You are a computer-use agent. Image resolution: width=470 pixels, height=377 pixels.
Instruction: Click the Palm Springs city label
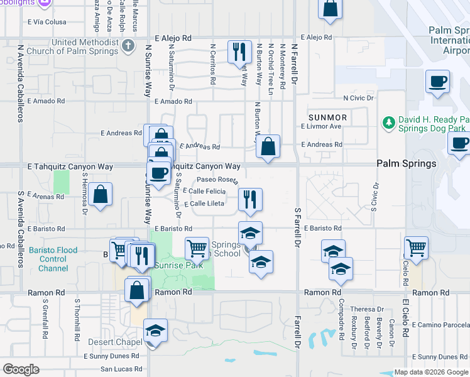pos(406,163)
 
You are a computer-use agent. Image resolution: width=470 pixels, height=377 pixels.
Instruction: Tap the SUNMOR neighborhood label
pos(327,117)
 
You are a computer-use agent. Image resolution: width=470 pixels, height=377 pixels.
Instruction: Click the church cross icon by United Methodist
pos(128,45)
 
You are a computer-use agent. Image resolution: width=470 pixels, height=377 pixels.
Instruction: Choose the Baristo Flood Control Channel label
pos(52,259)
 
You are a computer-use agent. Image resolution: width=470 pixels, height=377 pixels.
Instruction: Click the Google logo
pos(21,369)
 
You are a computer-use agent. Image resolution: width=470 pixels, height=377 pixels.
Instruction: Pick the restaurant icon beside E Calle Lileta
pos(250,199)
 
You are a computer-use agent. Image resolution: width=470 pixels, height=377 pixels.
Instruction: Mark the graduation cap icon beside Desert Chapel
pos(155,331)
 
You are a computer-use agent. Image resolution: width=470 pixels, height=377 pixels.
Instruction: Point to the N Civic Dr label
pos(358,98)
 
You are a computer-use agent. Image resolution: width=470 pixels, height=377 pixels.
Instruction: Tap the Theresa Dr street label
pos(366,309)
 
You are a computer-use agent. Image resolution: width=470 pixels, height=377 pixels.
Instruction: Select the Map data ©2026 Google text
pos(431,372)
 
